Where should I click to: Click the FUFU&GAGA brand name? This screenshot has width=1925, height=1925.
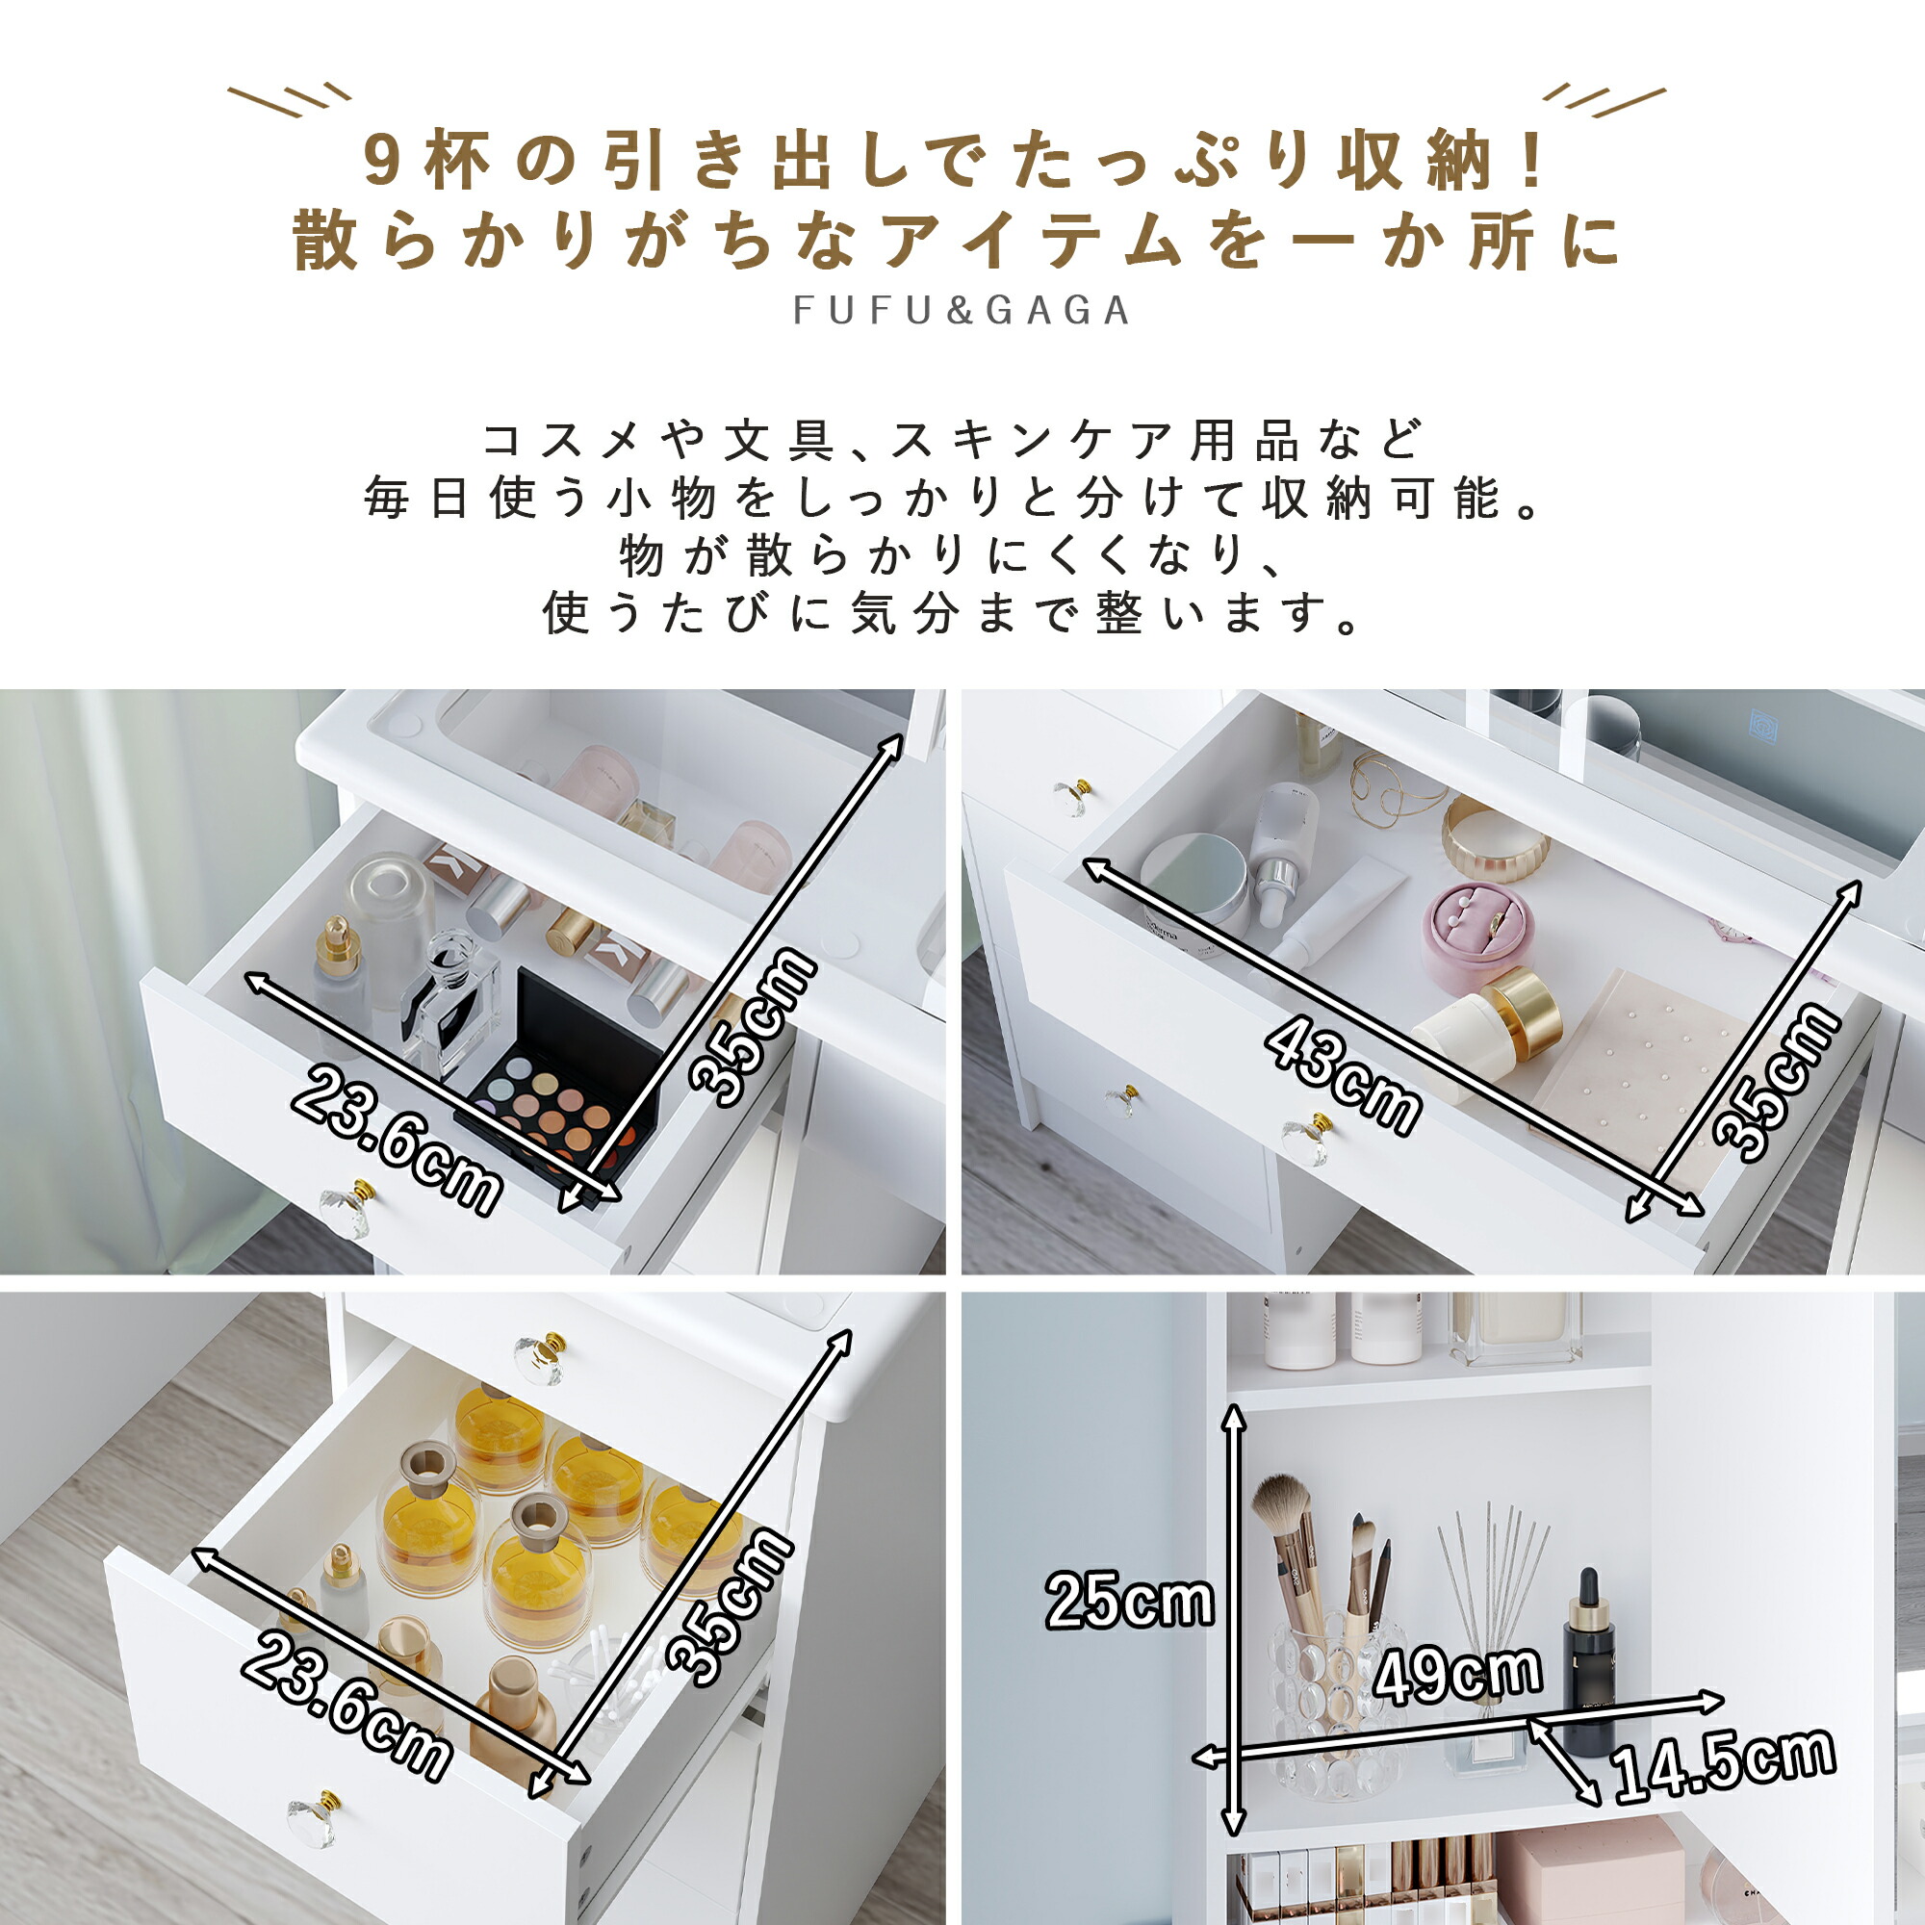pyautogui.click(x=962, y=310)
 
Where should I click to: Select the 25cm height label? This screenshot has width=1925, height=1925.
pyautogui.click(x=1129, y=1602)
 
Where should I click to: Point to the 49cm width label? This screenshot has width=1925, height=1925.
pyautogui.click(x=1456, y=1673)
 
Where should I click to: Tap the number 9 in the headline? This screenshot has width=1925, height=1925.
pyautogui.click(x=381, y=161)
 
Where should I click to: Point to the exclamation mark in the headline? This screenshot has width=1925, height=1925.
pyautogui.click(x=1532, y=162)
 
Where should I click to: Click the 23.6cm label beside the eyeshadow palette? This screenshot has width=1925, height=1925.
pyautogui.click(x=397, y=1139)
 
